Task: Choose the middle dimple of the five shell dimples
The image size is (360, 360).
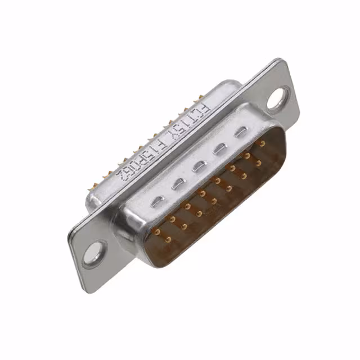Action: (199, 166)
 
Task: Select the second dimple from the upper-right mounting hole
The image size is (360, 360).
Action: (220, 149)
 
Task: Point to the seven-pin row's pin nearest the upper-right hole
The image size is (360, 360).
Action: (259, 163)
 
